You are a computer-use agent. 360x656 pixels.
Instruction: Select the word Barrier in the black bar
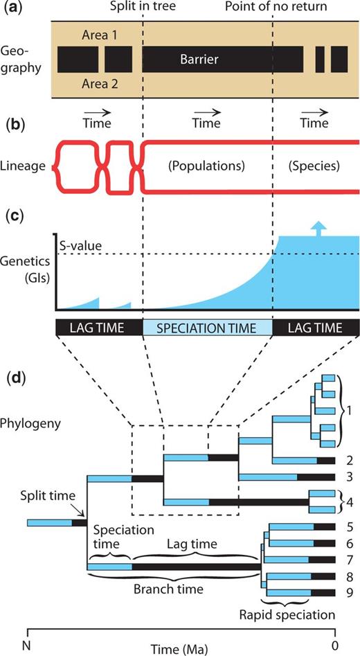[x=199, y=60]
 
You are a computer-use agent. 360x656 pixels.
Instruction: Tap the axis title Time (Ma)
[x=181, y=648]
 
